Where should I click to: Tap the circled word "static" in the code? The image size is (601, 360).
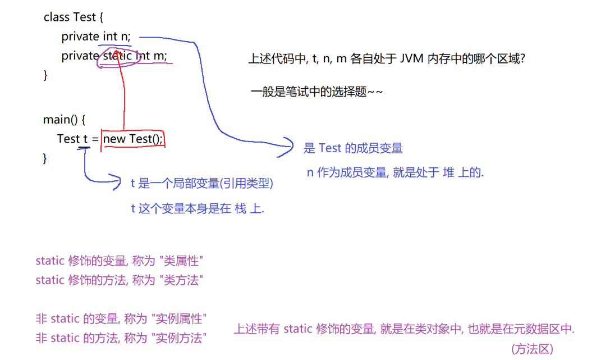pyautogui.click(x=117, y=56)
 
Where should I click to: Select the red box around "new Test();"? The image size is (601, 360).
pyautogui.click(x=133, y=139)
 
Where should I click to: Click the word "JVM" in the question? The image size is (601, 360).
pyautogui.click(x=412, y=58)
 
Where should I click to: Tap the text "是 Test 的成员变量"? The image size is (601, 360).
pyautogui.click(x=353, y=148)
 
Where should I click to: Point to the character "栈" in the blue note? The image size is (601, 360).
pyautogui.click(x=241, y=209)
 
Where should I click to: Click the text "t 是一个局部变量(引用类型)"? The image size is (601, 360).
pyautogui.click(x=202, y=183)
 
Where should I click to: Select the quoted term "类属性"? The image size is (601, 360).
pyautogui.click(x=181, y=261)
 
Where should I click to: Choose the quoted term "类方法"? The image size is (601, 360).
pyautogui.click(x=181, y=280)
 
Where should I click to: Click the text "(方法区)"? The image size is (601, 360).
pyautogui.click(x=533, y=349)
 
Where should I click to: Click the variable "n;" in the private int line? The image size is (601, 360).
pyautogui.click(x=125, y=37)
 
